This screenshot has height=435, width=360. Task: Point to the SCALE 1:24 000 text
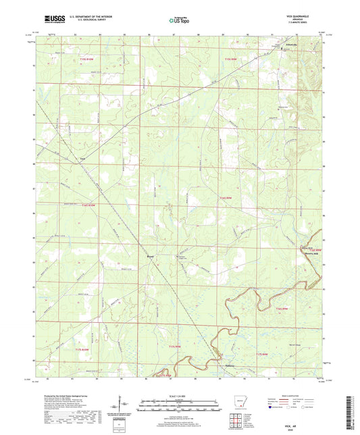coord(180,396)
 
